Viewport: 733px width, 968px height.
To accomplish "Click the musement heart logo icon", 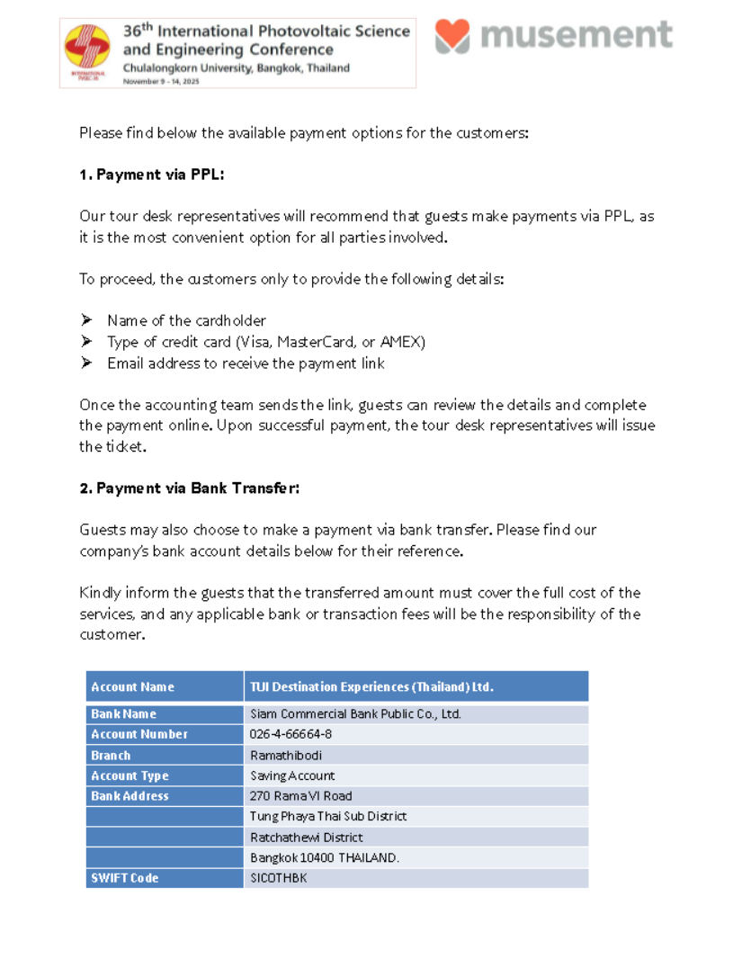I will coord(452,35).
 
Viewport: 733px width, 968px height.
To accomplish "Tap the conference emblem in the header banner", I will coord(87,54).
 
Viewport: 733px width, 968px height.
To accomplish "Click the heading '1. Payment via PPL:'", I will coord(151,175).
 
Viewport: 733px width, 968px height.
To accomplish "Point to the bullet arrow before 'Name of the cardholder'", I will coord(86,320).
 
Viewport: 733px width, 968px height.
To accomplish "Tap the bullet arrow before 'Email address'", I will coord(86,363).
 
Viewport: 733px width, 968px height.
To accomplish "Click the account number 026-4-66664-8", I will coord(291,734).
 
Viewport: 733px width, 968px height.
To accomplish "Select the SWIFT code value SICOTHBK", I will coord(278,878).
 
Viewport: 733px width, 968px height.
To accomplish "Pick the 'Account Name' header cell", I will coord(132,686).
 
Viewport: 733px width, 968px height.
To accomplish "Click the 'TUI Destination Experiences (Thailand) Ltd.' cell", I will coord(371,686).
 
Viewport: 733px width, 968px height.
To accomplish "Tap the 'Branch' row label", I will coord(111,756).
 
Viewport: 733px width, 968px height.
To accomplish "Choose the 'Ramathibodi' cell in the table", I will coord(285,756).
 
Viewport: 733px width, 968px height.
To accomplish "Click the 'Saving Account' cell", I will coord(292,775).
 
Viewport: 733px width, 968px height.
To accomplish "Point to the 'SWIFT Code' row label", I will coord(124,878).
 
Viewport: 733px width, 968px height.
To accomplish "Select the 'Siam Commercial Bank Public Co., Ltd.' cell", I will coord(355,713).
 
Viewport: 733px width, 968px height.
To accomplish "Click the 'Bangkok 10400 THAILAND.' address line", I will coord(324,857).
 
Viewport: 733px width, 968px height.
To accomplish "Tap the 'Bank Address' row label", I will coord(130,796).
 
